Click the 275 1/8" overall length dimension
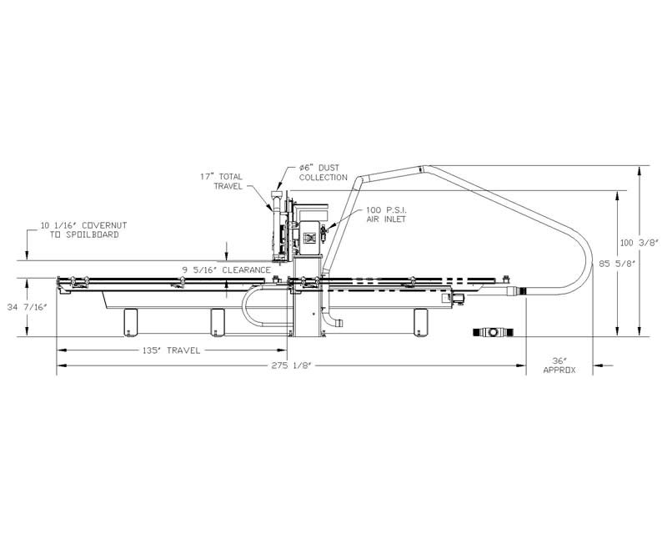pos(292,365)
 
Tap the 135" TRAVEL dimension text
pos(171,351)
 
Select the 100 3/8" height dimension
pos(639,243)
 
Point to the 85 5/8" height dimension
pos(617,264)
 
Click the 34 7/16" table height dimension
pos(27,307)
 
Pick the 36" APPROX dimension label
pos(559,365)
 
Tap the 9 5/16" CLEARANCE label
pos(226,270)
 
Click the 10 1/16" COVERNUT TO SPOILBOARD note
pos(84,230)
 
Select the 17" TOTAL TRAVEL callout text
pos(222,181)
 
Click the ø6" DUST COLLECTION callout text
pos(323,173)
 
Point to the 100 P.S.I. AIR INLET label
pos(386,214)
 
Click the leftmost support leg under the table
pos(131,322)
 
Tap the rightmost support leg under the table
pos(421,322)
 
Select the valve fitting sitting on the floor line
pos(494,332)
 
